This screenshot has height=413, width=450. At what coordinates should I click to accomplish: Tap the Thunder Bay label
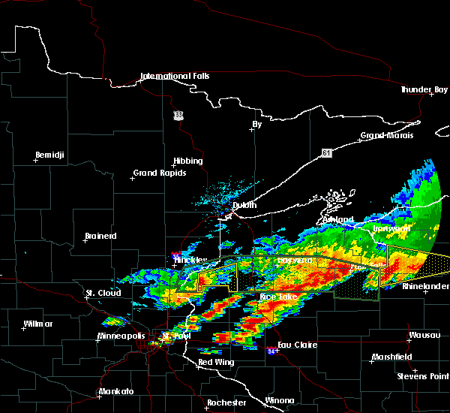[x=424, y=89]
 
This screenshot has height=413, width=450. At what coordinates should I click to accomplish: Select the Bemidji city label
[x=50, y=155]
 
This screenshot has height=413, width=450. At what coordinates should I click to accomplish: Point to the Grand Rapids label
[x=156, y=173]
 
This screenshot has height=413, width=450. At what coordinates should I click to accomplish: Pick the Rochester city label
[x=226, y=402]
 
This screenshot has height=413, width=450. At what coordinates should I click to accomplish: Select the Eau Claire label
[x=298, y=345]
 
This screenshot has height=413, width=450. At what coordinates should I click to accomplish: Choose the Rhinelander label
[x=425, y=287]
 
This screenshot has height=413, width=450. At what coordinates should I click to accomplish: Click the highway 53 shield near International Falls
[x=178, y=115]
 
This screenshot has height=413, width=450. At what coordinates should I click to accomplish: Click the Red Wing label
[x=215, y=363]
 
